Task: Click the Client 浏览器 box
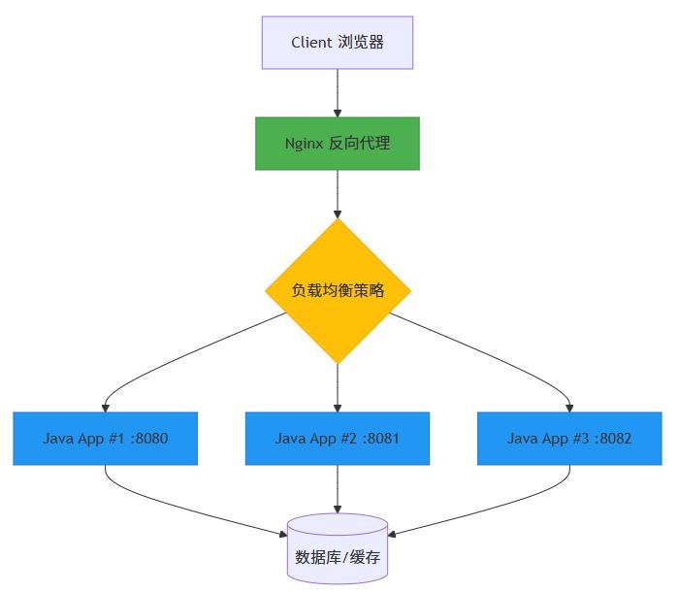[338, 43]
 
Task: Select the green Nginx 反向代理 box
[338, 144]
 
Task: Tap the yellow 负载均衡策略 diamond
[338, 291]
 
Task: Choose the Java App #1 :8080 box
[106, 439]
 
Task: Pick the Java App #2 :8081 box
[338, 439]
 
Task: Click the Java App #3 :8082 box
[569, 439]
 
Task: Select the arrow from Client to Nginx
[338, 93]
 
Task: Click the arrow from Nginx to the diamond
[338, 194]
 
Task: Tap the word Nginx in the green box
[305, 144]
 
